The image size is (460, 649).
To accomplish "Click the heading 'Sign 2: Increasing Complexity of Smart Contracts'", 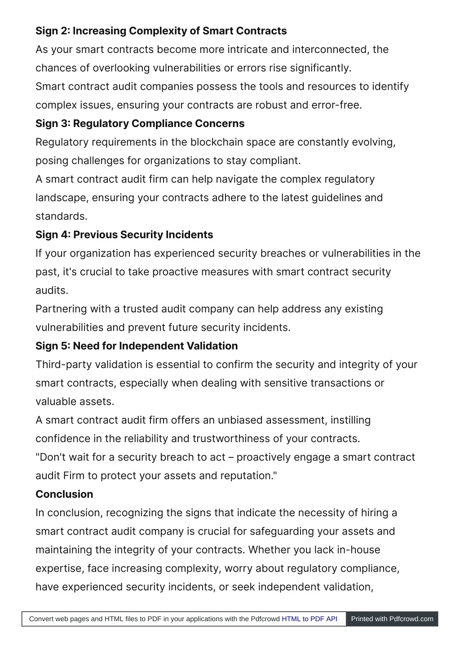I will [161, 31].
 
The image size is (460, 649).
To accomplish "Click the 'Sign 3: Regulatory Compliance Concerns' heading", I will [140, 123].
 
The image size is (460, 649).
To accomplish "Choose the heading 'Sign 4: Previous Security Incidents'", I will [124, 235].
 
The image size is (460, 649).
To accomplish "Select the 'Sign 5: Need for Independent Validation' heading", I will [137, 346].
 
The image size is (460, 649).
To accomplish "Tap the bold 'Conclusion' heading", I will [64, 494].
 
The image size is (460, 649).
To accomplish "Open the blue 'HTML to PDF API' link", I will [310, 619].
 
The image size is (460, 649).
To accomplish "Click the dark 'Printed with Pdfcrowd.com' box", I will [392, 619].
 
